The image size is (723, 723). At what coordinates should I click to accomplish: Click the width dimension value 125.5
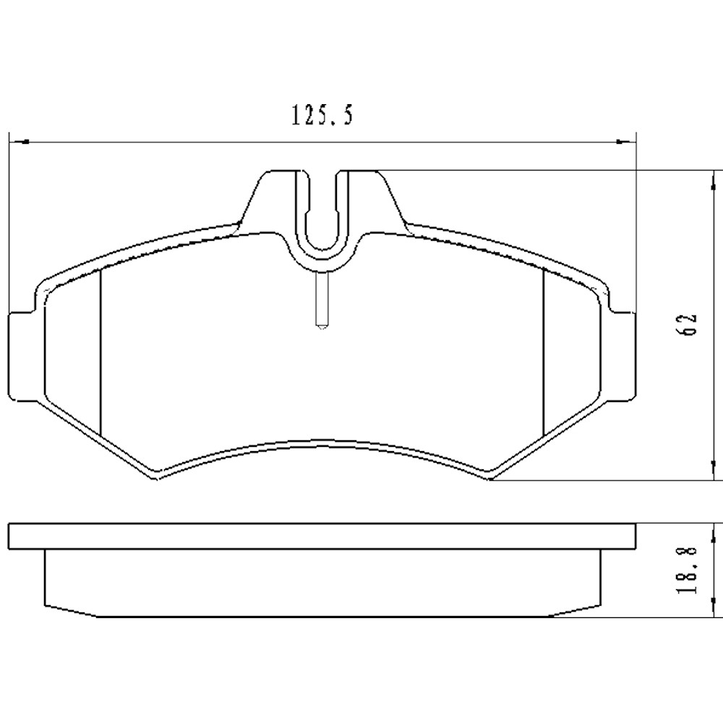[322, 116]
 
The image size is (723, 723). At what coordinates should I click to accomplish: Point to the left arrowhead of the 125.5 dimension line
[16, 142]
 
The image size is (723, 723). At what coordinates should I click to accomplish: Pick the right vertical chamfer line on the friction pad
[543, 351]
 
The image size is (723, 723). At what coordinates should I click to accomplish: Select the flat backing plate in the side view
[322, 536]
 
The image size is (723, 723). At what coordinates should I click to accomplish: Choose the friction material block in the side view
[322, 582]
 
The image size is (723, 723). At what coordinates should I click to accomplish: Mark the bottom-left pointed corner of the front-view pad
[155, 479]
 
